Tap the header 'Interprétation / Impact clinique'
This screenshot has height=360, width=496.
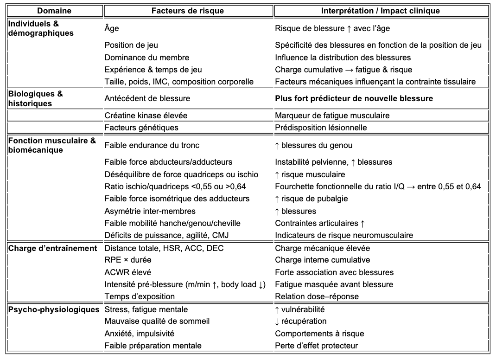click(381, 10)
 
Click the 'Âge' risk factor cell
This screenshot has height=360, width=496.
click(112, 28)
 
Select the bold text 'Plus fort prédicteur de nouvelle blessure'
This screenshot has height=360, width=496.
click(354, 98)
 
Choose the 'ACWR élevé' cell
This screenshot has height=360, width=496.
click(128, 272)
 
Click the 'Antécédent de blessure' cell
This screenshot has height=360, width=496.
click(147, 98)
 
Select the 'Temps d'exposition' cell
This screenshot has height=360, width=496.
click(140, 296)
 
